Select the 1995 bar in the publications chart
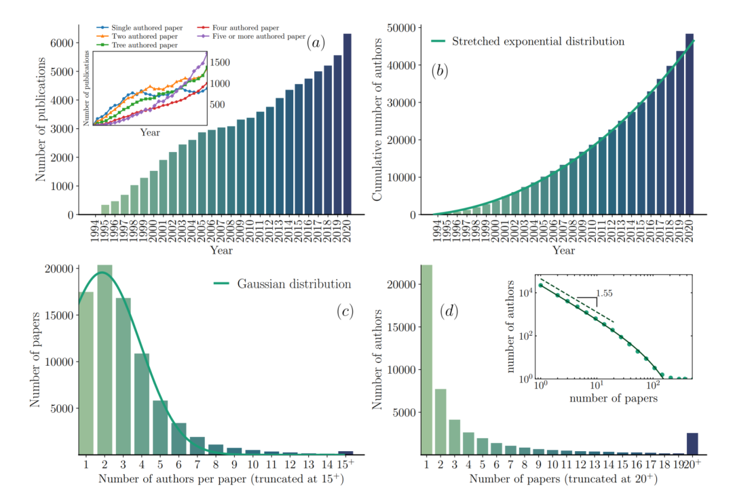click(105, 210)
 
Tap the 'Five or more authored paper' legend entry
click(258, 36)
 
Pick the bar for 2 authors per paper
click(105, 360)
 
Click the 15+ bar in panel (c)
click(345, 453)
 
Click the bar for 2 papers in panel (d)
click(440, 421)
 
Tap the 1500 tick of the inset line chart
click(221, 62)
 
